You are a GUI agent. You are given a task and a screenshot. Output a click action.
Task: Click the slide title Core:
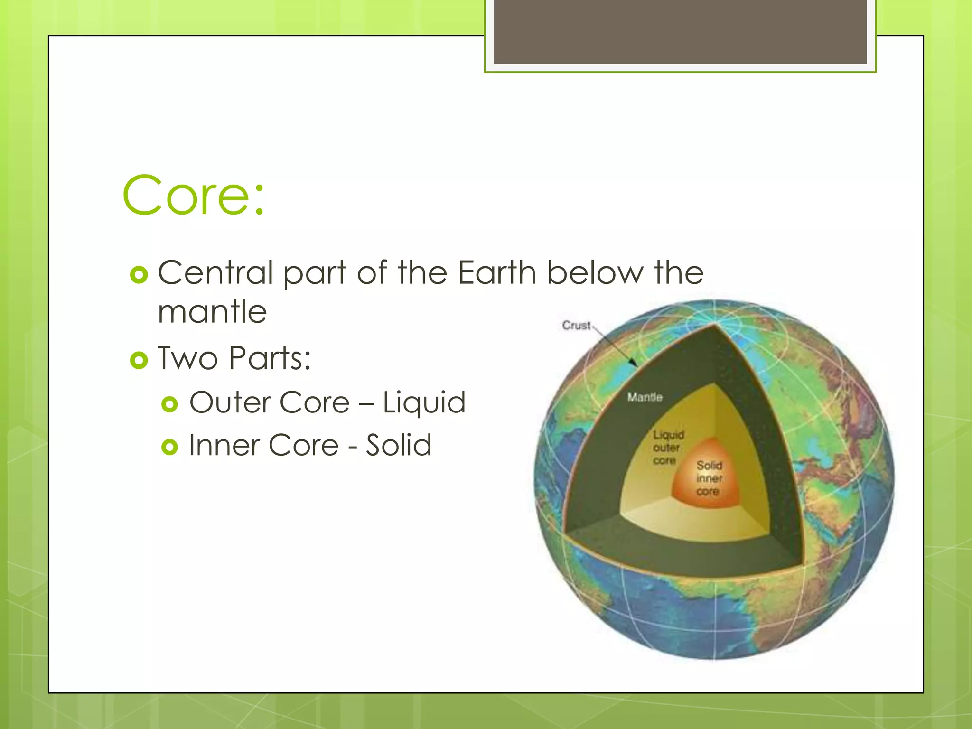(193, 195)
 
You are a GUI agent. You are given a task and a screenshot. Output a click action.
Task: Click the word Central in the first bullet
(215, 273)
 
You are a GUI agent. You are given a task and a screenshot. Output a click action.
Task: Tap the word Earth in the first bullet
(496, 273)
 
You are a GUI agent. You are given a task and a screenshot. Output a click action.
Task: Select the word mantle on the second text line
(212, 312)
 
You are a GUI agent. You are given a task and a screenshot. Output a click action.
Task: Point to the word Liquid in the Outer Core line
(424, 402)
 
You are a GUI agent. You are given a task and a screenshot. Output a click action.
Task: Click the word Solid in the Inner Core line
(398, 445)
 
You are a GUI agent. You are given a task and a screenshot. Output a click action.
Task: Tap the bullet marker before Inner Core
(169, 447)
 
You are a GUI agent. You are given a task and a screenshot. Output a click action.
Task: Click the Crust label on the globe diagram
(577, 326)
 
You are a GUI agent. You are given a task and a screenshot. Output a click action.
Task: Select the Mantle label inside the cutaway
(645, 397)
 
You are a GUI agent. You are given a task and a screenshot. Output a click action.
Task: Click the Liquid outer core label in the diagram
(668, 448)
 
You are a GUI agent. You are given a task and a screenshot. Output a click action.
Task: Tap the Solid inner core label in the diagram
(709, 478)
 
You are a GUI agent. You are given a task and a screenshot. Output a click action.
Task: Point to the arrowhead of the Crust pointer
(634, 364)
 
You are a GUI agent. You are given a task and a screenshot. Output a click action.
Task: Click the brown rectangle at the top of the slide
(680, 31)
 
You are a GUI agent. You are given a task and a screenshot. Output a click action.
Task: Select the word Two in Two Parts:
(187, 358)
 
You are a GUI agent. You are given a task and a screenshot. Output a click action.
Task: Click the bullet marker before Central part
(139, 275)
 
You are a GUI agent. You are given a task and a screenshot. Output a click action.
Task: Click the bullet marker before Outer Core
(169, 404)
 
